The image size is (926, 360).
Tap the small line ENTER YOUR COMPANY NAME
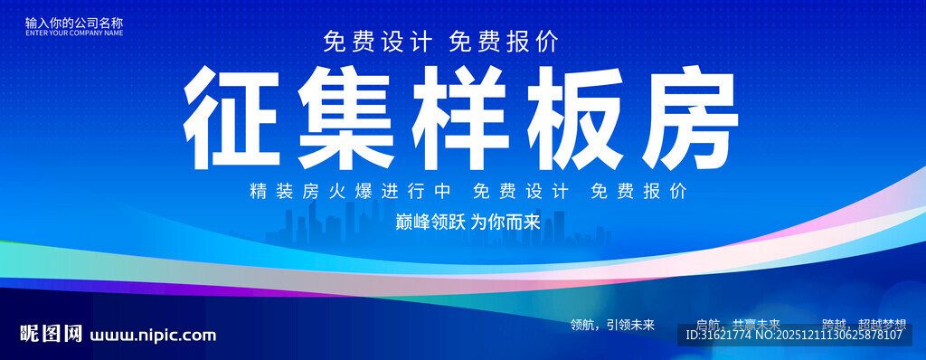(x=74, y=33)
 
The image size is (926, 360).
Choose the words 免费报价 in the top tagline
(x=503, y=43)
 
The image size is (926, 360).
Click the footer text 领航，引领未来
(x=612, y=324)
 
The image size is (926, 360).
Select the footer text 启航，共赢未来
(x=738, y=324)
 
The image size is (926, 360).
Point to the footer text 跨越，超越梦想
(x=864, y=324)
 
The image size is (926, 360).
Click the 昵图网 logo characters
(x=44, y=335)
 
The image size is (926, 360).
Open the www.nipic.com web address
(x=153, y=336)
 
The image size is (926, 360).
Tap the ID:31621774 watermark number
(x=719, y=336)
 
